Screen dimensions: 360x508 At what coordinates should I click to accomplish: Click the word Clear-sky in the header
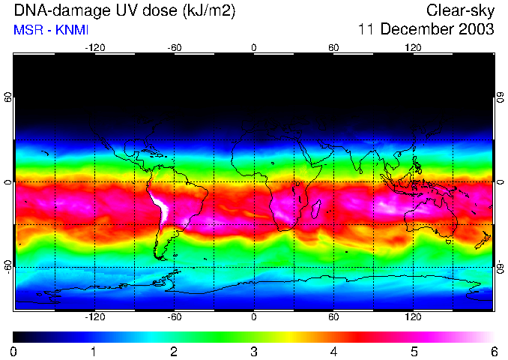tap(460, 10)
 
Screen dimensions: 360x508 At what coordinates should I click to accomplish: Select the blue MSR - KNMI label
tap(51, 30)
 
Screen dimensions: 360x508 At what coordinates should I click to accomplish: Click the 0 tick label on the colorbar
tap(14, 351)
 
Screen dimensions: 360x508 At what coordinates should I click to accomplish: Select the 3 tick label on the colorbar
tap(254, 351)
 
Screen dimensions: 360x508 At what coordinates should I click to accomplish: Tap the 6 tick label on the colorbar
tap(494, 351)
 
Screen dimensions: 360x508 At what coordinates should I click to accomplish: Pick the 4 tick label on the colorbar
tap(333, 351)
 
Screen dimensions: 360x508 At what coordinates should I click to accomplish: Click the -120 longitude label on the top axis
tap(94, 47)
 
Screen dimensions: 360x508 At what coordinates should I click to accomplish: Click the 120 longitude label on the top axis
tap(414, 47)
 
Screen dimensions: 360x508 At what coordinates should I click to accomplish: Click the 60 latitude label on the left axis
tap(7, 98)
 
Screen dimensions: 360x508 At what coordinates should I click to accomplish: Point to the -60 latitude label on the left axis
tap(7, 266)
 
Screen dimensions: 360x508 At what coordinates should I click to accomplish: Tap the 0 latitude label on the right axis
tap(501, 182)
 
